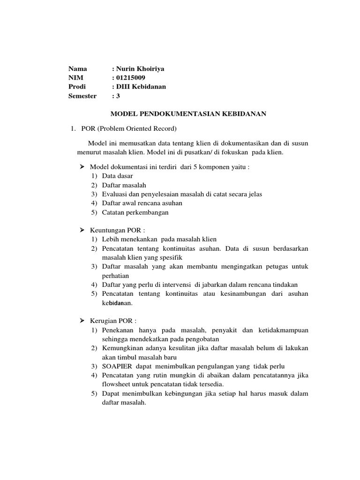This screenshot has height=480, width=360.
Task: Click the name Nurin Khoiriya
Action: click(x=141, y=69)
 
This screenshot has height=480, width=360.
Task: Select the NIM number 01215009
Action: click(x=132, y=78)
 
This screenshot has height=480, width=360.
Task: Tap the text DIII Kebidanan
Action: click(x=141, y=87)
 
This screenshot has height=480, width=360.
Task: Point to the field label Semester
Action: click(x=82, y=96)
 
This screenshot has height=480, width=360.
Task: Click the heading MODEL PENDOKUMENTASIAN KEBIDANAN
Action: click(x=188, y=113)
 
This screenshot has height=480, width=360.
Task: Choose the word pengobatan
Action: click(x=200, y=339)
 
